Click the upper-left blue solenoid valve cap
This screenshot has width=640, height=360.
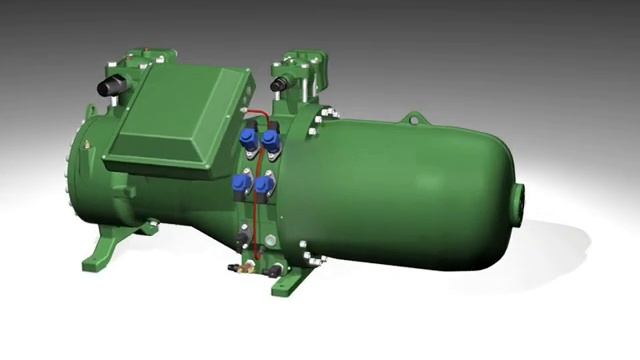pos(246,137)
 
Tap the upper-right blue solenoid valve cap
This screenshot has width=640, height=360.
pos(271,141)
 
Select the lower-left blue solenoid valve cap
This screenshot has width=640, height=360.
pos(240,182)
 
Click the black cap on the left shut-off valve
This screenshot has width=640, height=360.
pos(106,87)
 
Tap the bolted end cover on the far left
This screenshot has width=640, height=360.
pos(72,185)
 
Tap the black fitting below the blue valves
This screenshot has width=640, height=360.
pos(244,236)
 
